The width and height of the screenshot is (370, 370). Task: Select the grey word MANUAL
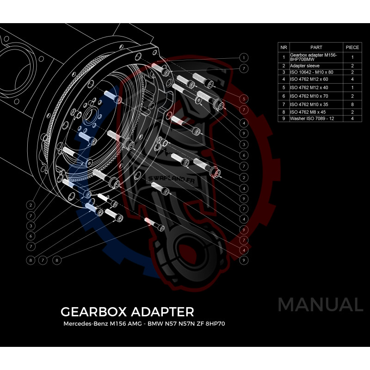[320, 305]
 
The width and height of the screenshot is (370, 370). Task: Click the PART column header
[316, 47]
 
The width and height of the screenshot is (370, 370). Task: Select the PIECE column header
[352, 47]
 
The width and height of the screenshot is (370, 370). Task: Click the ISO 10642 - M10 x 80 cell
[309, 72]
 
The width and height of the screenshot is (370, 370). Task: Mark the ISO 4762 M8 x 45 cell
[308, 111]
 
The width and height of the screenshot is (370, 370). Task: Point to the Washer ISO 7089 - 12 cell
[311, 118]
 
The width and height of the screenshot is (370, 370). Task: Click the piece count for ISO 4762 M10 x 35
[352, 105]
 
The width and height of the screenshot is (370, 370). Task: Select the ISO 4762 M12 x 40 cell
[308, 87]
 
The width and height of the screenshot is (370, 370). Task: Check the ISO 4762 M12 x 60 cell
[308, 79]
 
